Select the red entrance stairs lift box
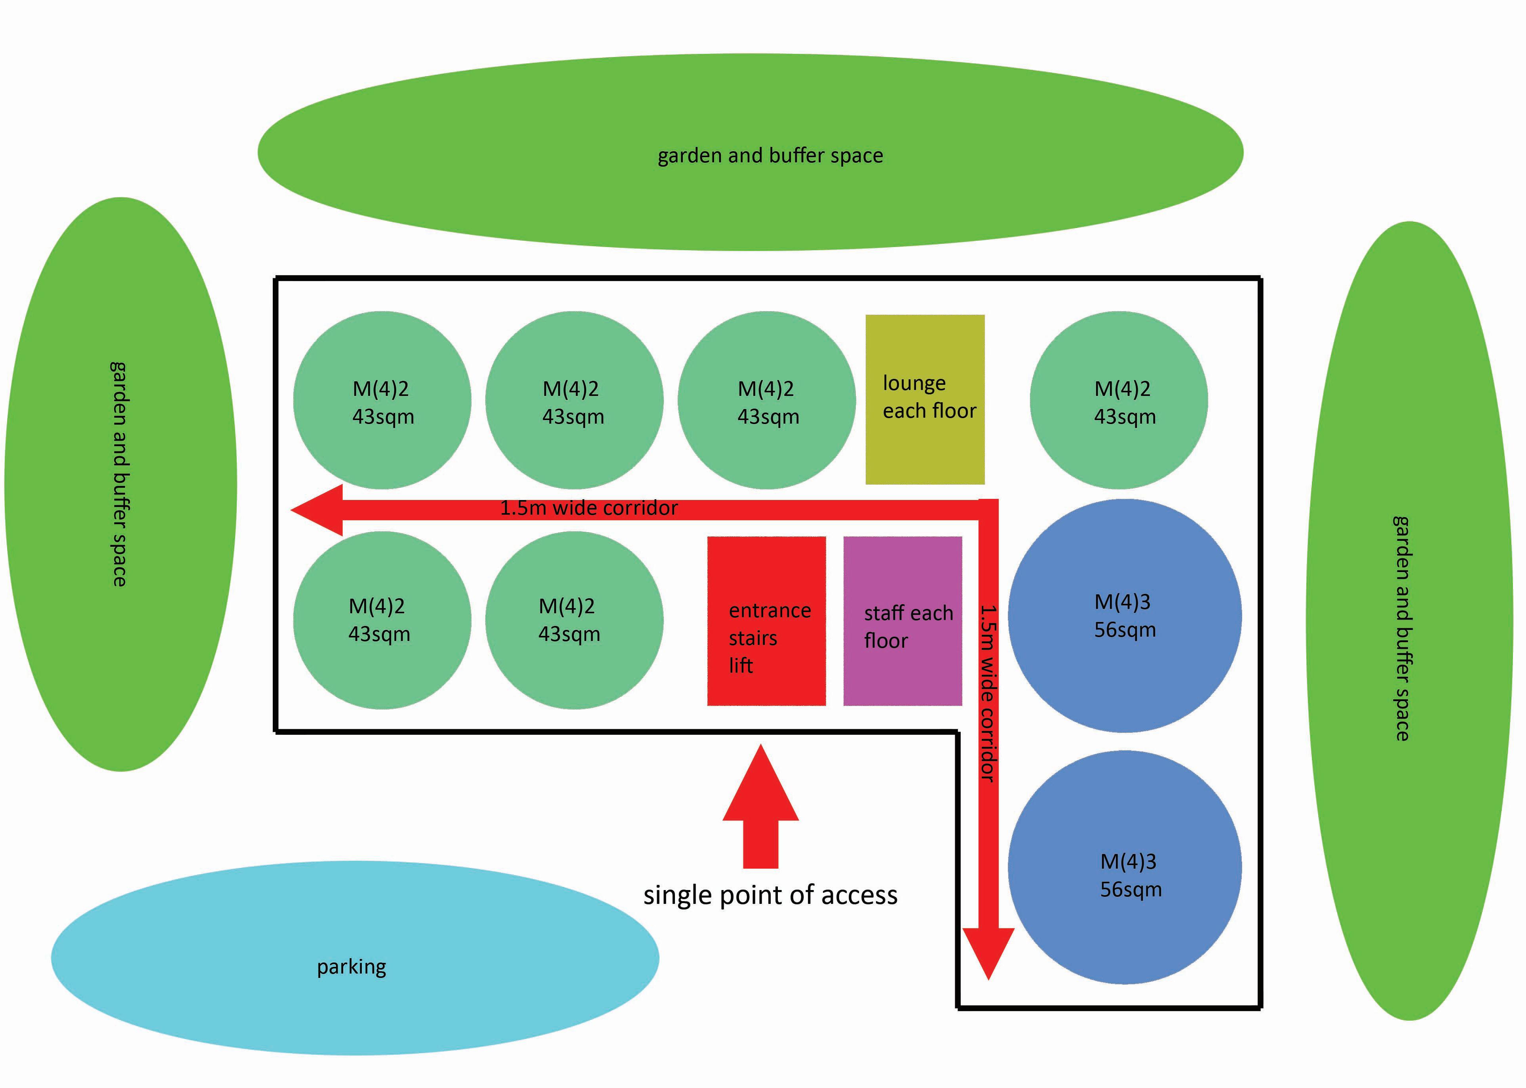(x=766, y=621)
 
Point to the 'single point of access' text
(x=770, y=896)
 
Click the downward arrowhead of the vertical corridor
(x=989, y=951)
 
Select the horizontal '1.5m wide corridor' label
(x=589, y=508)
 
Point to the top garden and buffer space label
(x=770, y=156)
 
